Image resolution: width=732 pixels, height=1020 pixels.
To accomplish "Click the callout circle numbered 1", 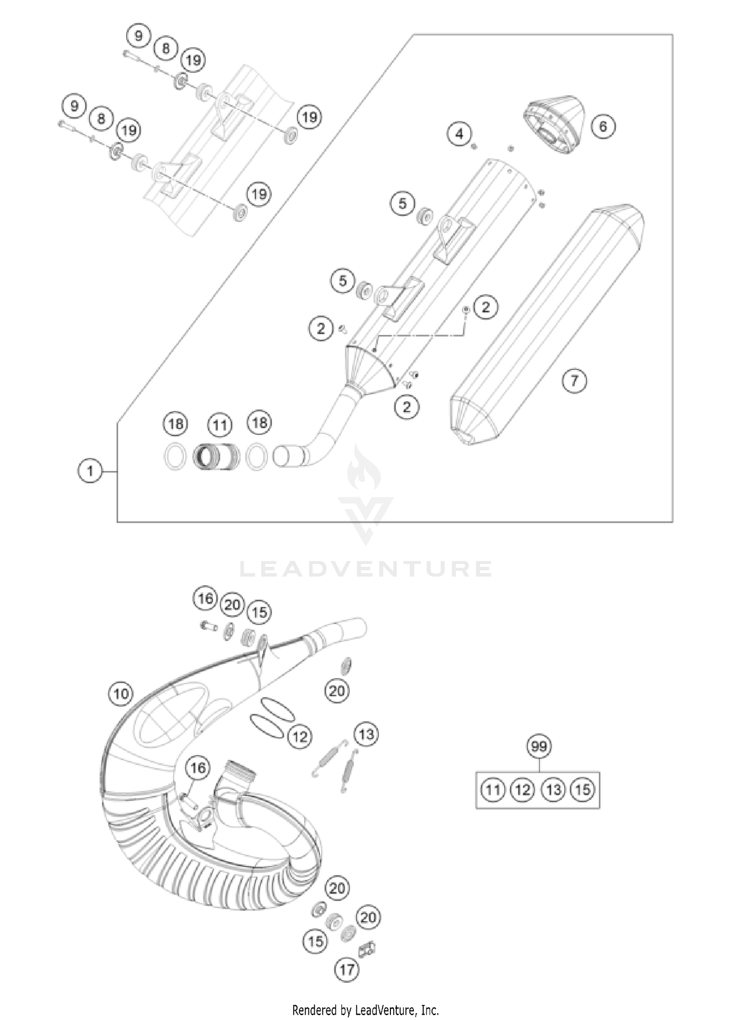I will tap(90, 471).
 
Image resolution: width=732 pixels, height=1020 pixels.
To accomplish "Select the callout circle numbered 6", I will tap(603, 126).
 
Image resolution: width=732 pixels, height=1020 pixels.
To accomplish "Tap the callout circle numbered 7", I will tap(574, 380).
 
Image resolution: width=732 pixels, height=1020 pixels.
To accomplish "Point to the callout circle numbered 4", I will tap(459, 133).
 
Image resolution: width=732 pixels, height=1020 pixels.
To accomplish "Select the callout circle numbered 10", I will tap(121, 693).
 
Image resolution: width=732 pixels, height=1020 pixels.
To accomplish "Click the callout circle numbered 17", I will tap(347, 969).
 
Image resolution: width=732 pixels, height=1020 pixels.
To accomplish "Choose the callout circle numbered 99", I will tap(539, 747).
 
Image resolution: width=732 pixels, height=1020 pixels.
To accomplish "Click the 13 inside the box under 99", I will tap(553, 790).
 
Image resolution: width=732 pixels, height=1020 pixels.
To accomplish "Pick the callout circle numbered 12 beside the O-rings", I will tap(300, 736).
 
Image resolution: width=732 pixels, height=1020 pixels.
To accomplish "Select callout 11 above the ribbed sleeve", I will tap(220, 425).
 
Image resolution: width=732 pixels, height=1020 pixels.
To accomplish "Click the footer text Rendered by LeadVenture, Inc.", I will tap(366, 1009).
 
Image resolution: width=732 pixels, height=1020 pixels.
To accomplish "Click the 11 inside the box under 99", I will tap(493, 790).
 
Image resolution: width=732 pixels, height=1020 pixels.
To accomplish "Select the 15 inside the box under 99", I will tap(583, 790).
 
